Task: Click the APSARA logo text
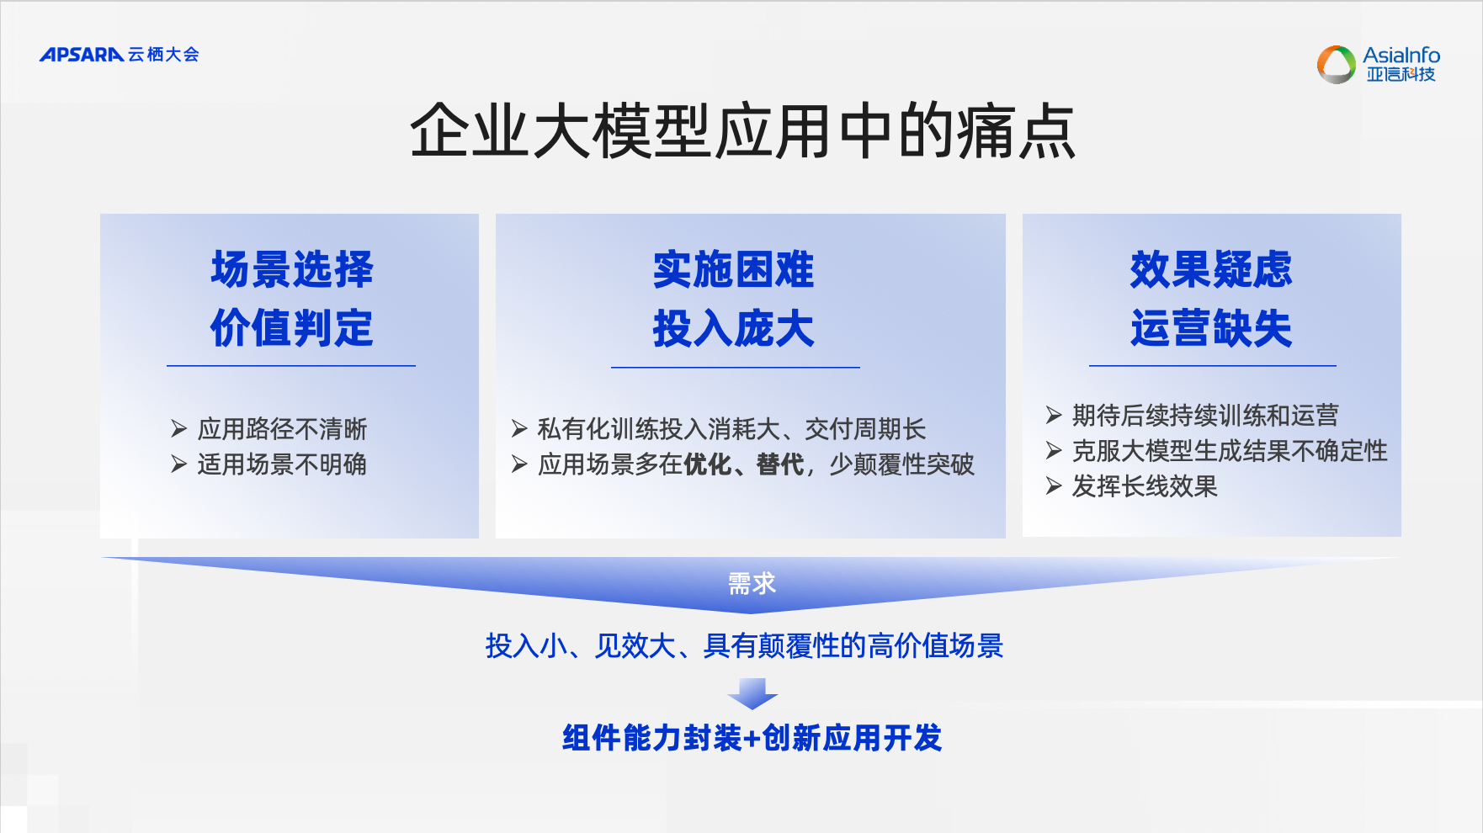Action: [82, 55]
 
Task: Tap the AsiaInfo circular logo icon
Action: [1336, 65]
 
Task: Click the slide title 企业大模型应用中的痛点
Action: [742, 131]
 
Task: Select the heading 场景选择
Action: [292, 269]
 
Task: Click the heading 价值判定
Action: [292, 327]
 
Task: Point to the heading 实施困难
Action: [734, 269]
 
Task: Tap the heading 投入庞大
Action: [734, 327]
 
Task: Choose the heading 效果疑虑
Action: [1211, 269]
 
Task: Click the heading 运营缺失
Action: [1211, 327]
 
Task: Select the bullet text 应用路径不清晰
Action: [283, 429]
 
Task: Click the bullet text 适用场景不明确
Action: [283, 464]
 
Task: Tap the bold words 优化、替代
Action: [744, 464]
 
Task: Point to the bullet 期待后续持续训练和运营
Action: [1205, 415]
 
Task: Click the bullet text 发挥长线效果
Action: [1145, 486]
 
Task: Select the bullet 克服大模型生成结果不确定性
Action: [1230, 451]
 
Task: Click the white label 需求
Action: [752, 583]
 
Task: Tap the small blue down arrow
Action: [752, 693]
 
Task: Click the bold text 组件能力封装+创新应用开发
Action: [752, 738]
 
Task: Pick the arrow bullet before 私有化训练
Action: [519, 429]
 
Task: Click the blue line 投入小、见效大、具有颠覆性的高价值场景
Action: [744, 645]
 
